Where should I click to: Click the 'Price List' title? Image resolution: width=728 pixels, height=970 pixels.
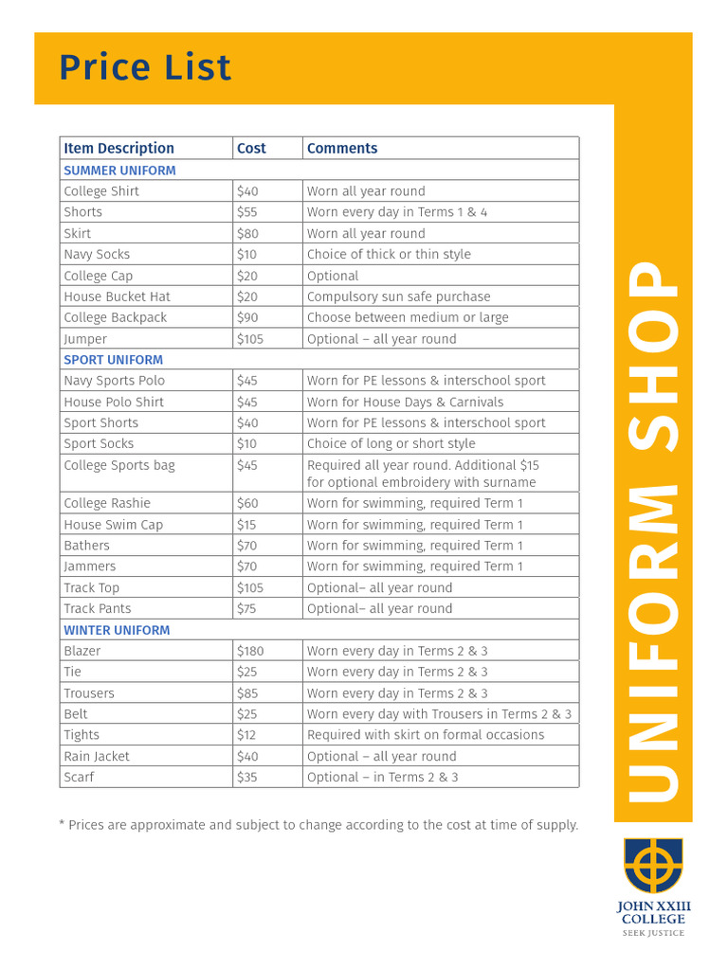[x=145, y=68]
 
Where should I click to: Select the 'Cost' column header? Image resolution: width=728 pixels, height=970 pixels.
[x=251, y=148]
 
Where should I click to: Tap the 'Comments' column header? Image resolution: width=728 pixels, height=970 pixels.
[x=342, y=148]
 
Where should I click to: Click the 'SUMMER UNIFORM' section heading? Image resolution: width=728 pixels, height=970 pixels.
[x=119, y=171]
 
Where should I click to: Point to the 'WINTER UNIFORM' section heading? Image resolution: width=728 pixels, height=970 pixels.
[x=117, y=630]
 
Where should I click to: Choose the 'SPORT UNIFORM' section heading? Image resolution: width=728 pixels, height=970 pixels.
[x=113, y=360]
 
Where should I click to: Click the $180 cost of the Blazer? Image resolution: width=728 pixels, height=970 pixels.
[x=250, y=651]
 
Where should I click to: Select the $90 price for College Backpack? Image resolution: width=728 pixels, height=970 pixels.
[x=246, y=317]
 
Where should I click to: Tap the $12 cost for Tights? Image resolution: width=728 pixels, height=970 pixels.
[x=246, y=735]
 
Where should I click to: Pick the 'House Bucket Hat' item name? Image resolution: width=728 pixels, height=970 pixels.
[x=117, y=296]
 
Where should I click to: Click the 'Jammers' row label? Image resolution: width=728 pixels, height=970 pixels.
[x=90, y=566]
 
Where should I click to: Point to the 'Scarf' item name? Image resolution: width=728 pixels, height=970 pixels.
[x=79, y=777]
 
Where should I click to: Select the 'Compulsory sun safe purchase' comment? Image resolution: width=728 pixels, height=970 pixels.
[x=398, y=296]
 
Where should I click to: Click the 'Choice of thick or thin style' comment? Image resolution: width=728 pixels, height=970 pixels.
[x=389, y=254]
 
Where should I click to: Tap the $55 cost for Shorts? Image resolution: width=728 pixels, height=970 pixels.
[x=246, y=212]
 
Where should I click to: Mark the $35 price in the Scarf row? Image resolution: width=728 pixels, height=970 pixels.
[x=246, y=777]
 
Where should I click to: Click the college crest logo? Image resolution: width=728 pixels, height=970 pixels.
[x=652, y=865]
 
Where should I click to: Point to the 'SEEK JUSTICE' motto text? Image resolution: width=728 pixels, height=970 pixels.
[x=652, y=933]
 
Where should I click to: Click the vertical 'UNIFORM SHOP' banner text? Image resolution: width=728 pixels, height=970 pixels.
[x=653, y=530]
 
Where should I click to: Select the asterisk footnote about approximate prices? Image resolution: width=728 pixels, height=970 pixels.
[x=318, y=825]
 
